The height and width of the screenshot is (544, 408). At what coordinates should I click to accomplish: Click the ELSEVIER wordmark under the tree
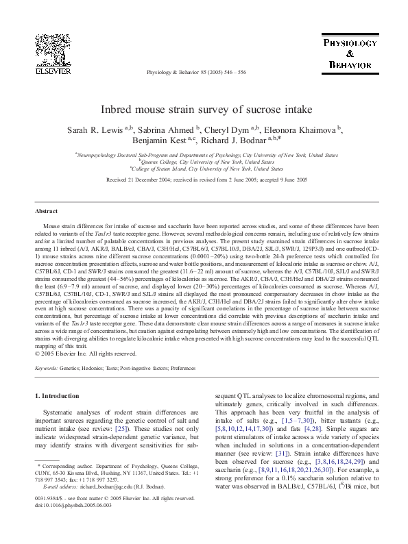(x=53, y=71)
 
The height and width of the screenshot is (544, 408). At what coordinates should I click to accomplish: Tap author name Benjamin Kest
(x=158, y=142)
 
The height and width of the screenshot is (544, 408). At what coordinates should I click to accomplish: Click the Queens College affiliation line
(x=204, y=162)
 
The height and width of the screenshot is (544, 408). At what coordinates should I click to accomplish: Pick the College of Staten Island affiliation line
(x=204, y=168)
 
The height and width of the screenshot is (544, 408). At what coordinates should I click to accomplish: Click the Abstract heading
(x=46, y=212)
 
